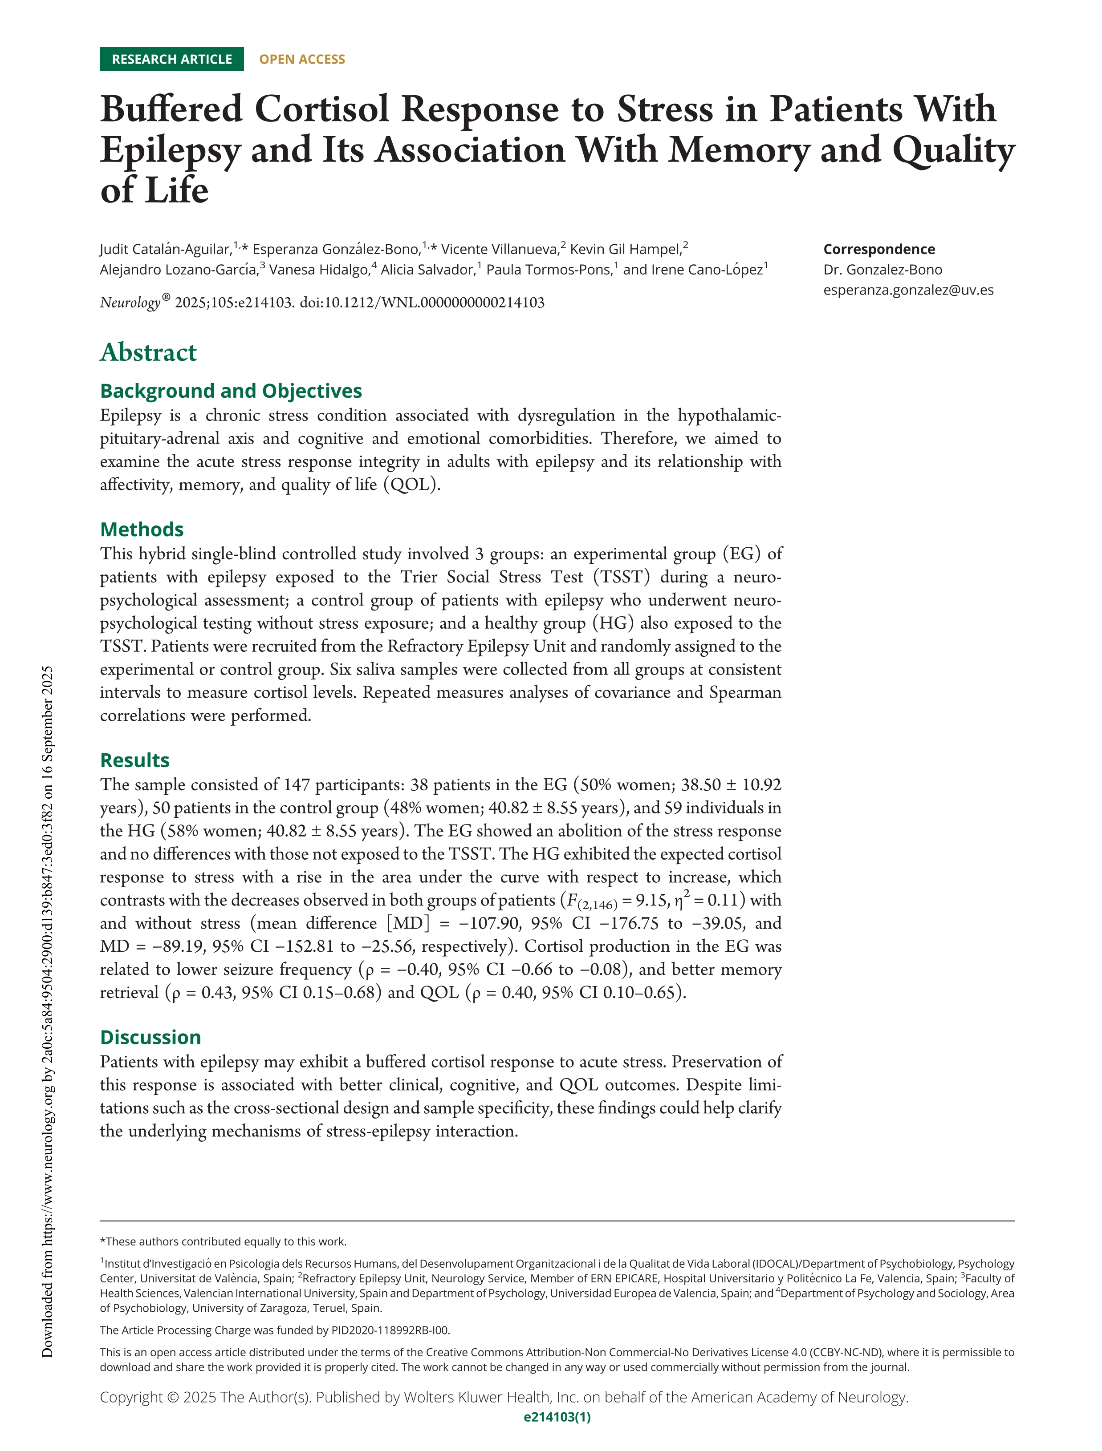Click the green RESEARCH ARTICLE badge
tap(171, 59)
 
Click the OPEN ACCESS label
tap(302, 59)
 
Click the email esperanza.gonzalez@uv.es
tap(908, 290)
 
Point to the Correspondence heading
tap(879, 249)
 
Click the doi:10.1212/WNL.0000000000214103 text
tap(422, 303)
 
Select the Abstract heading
tap(148, 352)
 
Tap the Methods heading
tap(142, 529)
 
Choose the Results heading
tap(134, 760)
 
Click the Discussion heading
tap(150, 1037)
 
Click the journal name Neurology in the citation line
tap(130, 303)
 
